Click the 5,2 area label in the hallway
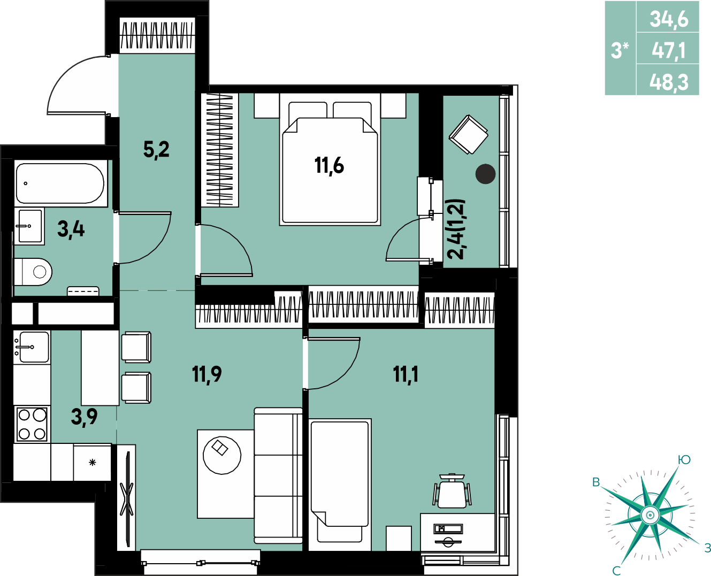(x=156, y=150)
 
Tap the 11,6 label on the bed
(x=329, y=166)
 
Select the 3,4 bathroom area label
(x=71, y=229)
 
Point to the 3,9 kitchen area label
(x=84, y=417)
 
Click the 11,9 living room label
(x=207, y=374)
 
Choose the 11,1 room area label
(x=406, y=374)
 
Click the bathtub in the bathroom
(x=60, y=183)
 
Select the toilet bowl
(x=33, y=272)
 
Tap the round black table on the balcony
(x=485, y=174)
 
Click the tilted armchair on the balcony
(x=468, y=134)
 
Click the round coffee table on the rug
(x=222, y=455)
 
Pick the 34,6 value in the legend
(x=669, y=20)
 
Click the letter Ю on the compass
(x=684, y=460)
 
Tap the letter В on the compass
(x=596, y=482)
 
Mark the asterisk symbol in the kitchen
(x=93, y=463)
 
